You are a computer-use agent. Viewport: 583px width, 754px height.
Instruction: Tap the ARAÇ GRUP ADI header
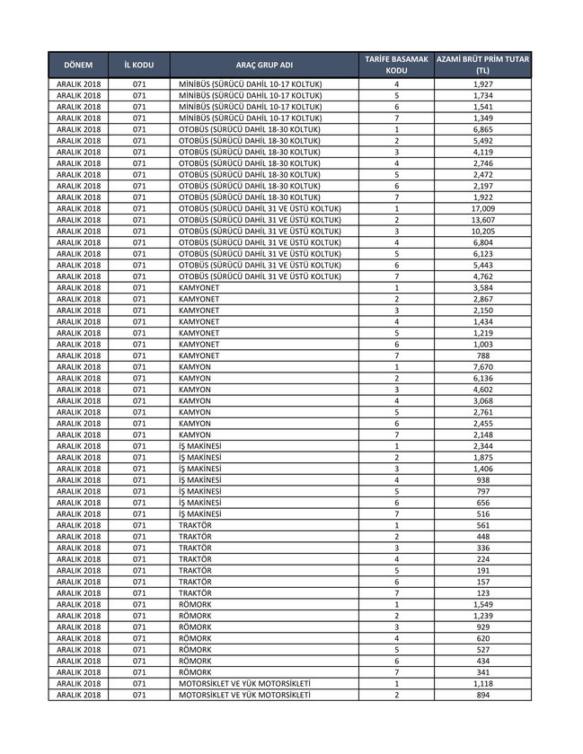pyautogui.click(x=264, y=66)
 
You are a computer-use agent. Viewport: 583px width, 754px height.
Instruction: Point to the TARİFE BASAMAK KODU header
pyautogui.click(x=396, y=66)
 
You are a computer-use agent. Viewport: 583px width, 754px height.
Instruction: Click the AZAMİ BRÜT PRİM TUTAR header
pyautogui.click(x=482, y=66)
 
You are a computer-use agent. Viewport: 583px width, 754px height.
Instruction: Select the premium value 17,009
pyautogui.click(x=482, y=208)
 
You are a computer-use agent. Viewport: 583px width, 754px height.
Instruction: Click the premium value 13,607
pyautogui.click(x=482, y=220)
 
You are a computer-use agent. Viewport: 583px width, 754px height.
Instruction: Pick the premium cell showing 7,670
pyautogui.click(x=482, y=367)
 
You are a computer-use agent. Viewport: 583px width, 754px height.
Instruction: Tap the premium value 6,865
pyautogui.click(x=482, y=129)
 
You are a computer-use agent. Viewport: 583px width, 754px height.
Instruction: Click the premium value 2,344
pyautogui.click(x=482, y=446)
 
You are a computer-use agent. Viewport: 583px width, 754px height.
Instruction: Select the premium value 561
pyautogui.click(x=482, y=525)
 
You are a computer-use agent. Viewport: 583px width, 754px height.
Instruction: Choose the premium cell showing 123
pyautogui.click(x=482, y=593)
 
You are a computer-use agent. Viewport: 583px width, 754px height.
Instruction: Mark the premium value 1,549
pyautogui.click(x=482, y=604)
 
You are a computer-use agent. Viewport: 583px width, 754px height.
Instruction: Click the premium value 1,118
pyautogui.click(x=482, y=684)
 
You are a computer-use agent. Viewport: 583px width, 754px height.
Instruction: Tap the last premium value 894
pyautogui.click(x=482, y=695)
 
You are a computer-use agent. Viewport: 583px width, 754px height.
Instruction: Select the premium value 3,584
pyautogui.click(x=482, y=288)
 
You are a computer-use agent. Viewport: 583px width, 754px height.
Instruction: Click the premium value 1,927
pyautogui.click(x=482, y=83)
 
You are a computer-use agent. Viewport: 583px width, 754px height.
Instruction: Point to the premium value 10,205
pyautogui.click(x=482, y=231)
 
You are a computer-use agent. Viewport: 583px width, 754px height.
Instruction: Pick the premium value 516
pyautogui.click(x=482, y=514)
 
